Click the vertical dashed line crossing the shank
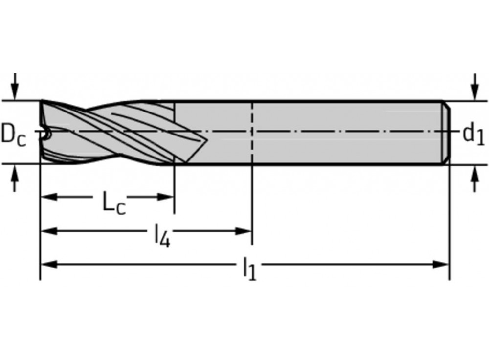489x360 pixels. point(252,147)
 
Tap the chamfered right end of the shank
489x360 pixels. point(447,133)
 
